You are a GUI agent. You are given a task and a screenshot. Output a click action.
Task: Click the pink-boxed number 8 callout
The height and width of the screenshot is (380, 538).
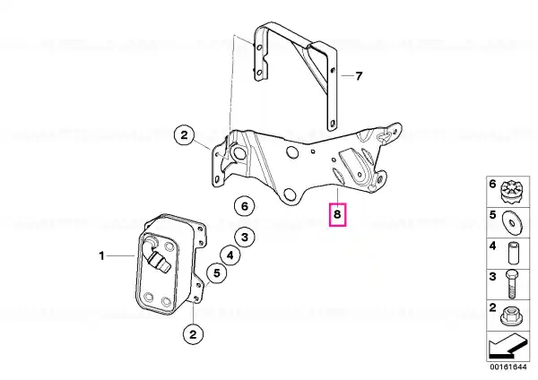338,215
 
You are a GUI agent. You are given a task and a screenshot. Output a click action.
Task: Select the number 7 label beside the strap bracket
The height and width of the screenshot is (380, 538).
359,76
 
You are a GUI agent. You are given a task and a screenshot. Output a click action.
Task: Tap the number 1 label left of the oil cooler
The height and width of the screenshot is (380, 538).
101,255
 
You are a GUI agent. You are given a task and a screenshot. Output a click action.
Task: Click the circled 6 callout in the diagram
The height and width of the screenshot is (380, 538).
244,206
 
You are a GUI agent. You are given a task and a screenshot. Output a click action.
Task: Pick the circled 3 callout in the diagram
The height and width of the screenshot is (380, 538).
244,237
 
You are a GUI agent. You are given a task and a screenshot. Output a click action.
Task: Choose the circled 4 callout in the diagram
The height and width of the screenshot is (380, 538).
230,255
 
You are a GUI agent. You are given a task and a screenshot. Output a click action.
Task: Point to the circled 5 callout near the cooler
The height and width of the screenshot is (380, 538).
216,273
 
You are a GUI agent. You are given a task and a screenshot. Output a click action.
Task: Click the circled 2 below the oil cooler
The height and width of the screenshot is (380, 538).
193,334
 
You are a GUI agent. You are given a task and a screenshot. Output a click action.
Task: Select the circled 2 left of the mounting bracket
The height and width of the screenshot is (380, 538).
184,135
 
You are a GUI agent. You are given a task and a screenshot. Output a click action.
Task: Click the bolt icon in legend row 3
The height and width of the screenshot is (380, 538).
511,284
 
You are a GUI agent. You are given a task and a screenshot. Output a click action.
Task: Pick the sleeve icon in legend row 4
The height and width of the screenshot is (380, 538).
513,253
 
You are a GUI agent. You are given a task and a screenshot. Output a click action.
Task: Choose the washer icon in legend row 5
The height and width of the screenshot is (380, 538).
512,223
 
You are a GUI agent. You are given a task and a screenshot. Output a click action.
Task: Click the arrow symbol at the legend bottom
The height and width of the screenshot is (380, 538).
508,347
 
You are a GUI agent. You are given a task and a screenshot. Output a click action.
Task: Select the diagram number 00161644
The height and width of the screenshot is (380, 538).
508,367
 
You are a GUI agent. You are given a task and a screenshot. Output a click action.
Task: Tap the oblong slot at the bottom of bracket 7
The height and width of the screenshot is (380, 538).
332,124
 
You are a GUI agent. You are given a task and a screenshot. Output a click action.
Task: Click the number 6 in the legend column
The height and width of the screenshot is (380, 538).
492,184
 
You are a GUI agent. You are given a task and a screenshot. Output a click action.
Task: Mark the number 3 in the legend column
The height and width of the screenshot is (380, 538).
492,276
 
